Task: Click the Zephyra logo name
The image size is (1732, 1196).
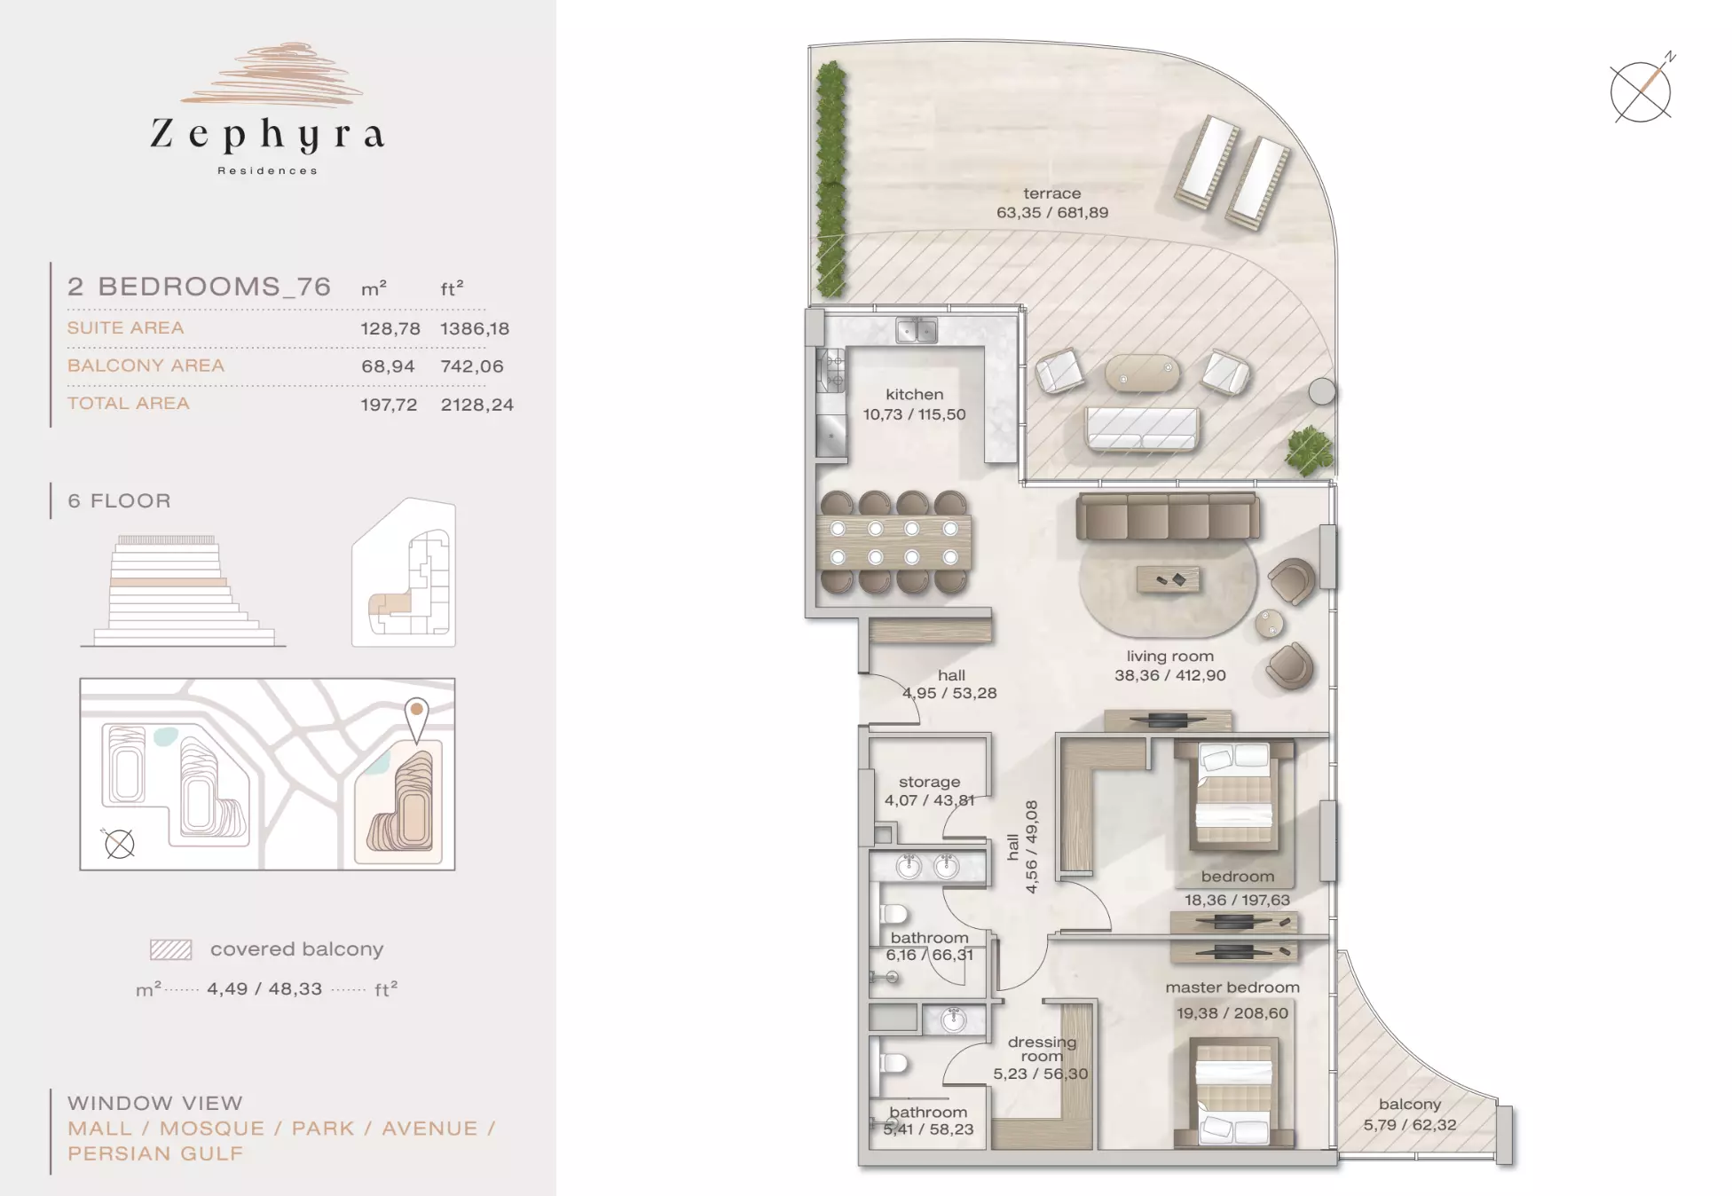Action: [267, 135]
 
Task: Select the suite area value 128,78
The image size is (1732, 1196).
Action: [390, 328]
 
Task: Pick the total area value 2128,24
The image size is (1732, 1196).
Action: [477, 405]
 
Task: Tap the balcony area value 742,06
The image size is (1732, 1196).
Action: [472, 366]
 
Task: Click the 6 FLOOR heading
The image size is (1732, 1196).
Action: [120, 500]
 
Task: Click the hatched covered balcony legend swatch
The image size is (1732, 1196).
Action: [170, 949]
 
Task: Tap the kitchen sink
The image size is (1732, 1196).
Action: [917, 330]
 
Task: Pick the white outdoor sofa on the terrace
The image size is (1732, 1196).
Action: [1142, 429]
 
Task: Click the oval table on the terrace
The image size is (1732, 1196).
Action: [1143, 373]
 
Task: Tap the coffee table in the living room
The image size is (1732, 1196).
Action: [1169, 579]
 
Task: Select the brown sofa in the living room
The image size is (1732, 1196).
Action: [1168, 516]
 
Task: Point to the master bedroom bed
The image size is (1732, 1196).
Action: [1233, 1094]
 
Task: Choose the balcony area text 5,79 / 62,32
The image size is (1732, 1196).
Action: [1410, 1125]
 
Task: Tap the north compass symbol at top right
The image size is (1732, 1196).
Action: [1641, 90]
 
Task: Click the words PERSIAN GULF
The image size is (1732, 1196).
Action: [155, 1153]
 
